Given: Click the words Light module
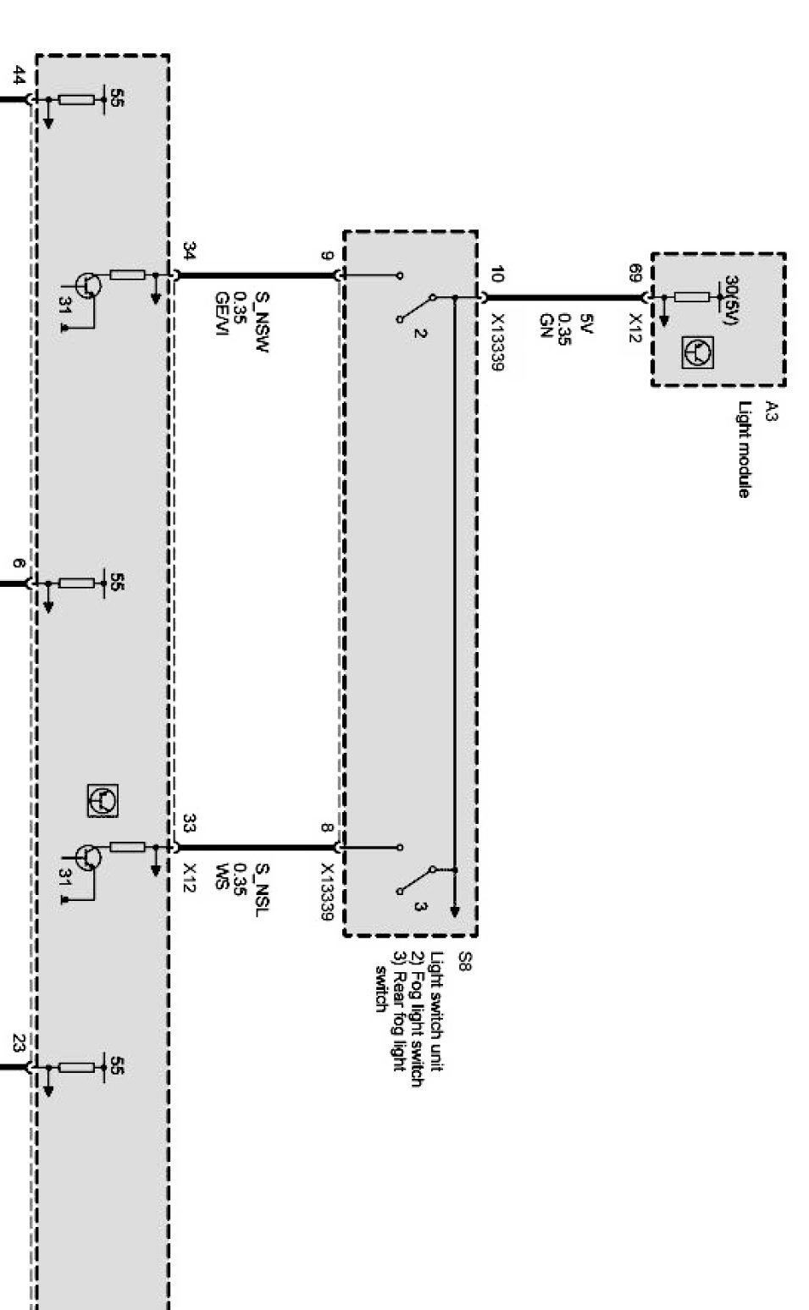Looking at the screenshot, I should click(x=744, y=450).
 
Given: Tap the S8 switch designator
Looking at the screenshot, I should click(x=463, y=961).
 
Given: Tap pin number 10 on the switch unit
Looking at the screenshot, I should click(x=496, y=274).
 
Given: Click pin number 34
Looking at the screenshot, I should click(x=190, y=251).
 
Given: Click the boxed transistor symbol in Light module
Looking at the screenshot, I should click(x=697, y=351).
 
